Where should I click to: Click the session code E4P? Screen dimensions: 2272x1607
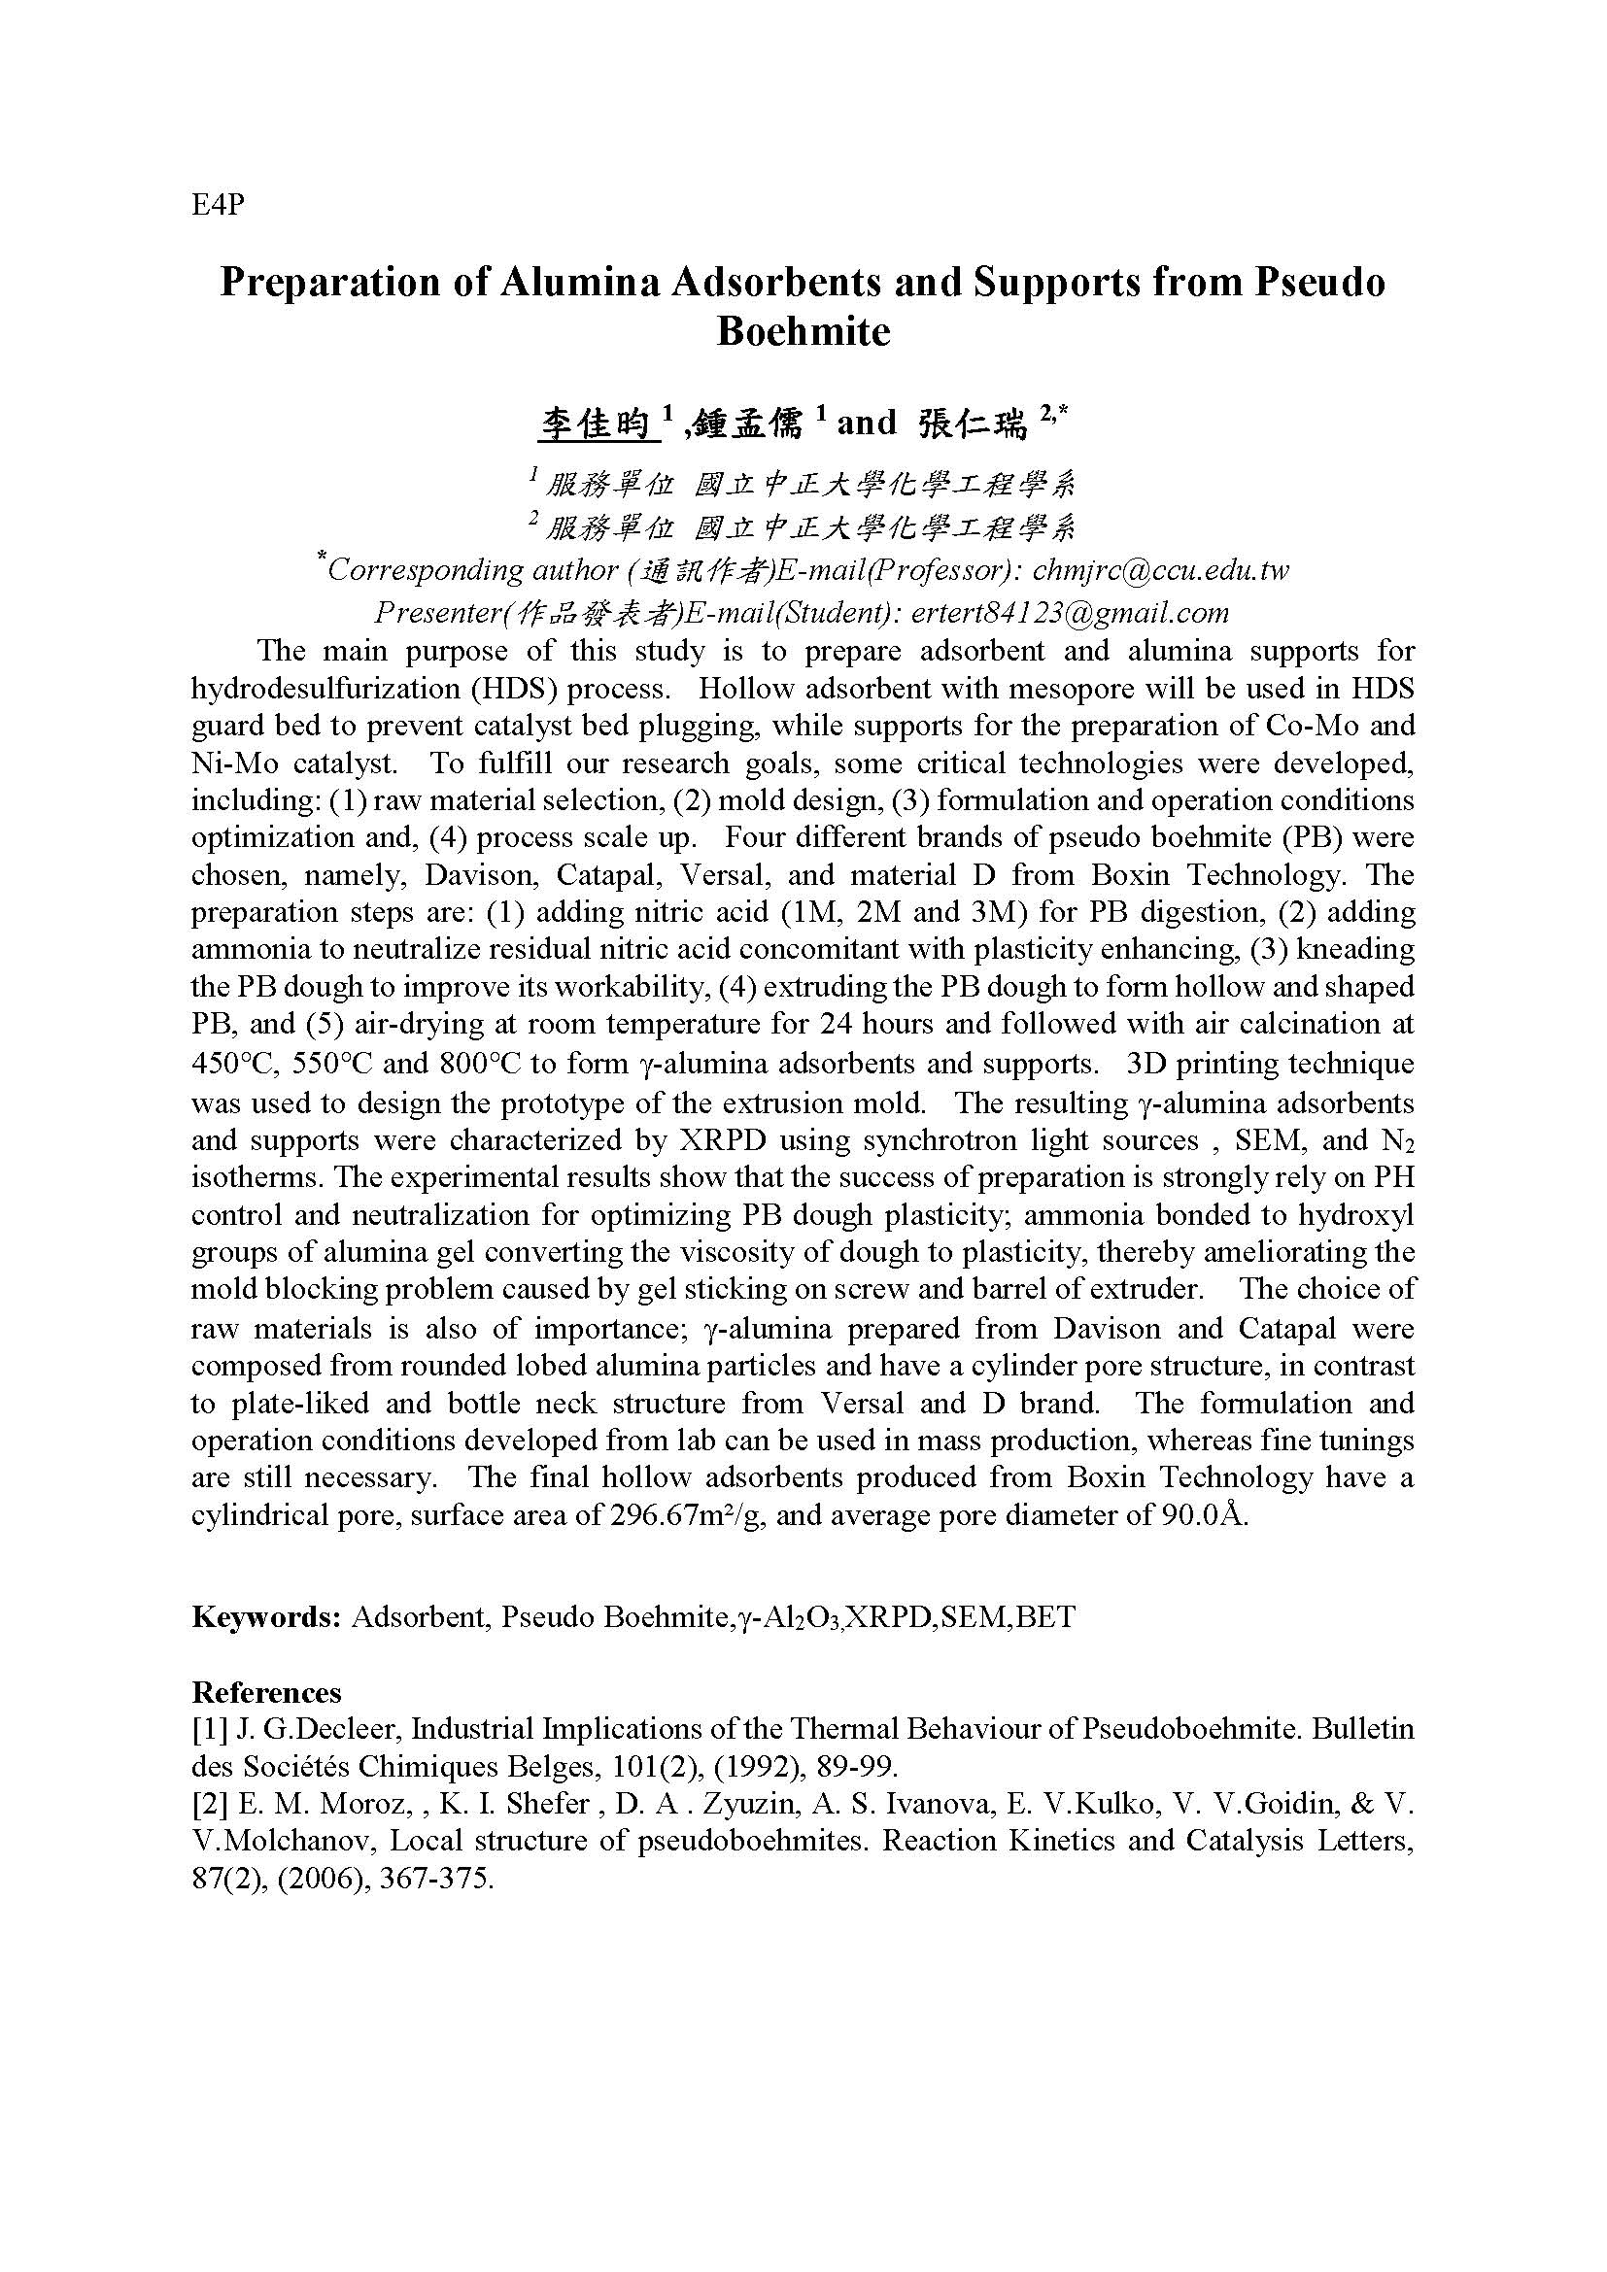click(217, 206)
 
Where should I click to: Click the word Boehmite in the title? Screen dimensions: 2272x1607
click(803, 331)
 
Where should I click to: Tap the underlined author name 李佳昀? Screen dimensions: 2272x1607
click(594, 424)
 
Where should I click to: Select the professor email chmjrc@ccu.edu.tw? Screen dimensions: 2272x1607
click(1160, 570)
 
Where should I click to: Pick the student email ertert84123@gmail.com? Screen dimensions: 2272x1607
click(1070, 613)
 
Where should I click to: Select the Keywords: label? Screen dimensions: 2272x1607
click(266, 1617)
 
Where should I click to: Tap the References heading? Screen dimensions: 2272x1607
click(266, 1692)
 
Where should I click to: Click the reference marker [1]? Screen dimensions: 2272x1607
click(209, 1729)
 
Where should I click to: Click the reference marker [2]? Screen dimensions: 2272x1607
click(209, 1804)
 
